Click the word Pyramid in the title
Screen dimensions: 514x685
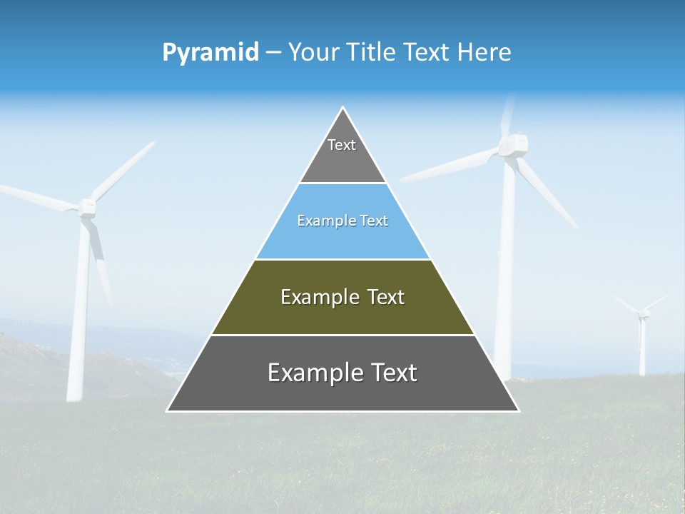coord(210,53)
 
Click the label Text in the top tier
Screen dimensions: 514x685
coord(342,145)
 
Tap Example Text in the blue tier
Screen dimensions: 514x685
coord(342,221)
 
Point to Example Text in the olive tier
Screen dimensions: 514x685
coord(342,297)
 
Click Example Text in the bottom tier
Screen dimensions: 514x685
coord(342,373)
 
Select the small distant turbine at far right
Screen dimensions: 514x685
coord(642,336)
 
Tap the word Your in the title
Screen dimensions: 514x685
coord(313,52)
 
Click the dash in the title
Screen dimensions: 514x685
coord(273,53)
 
